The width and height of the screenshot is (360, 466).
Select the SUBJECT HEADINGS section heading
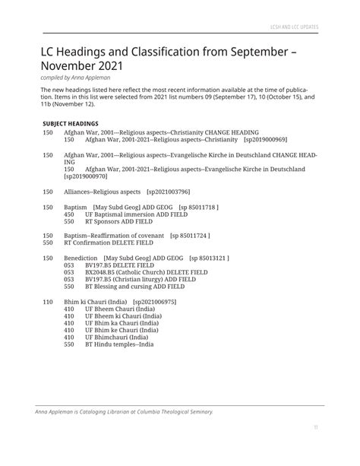click(71, 123)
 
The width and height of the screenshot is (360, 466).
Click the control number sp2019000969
click(265, 140)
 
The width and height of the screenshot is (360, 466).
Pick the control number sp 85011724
click(190, 236)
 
